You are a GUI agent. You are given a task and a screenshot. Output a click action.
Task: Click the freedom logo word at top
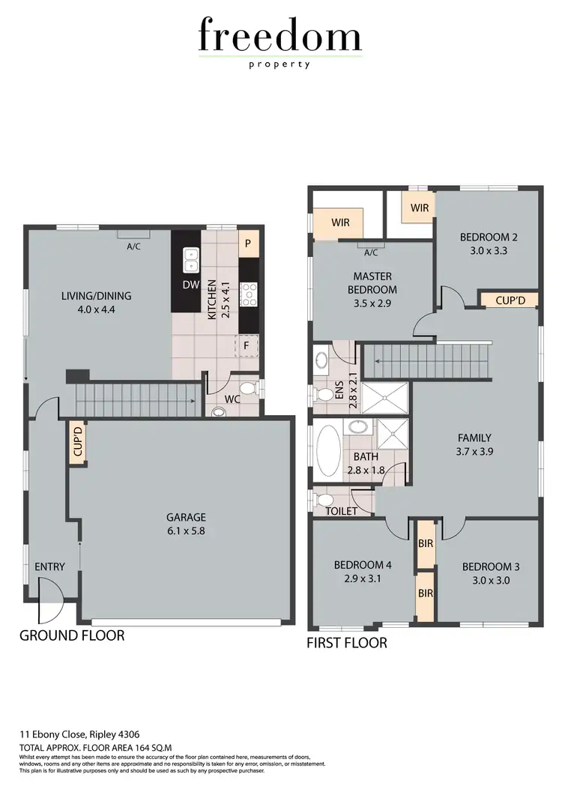[280, 35]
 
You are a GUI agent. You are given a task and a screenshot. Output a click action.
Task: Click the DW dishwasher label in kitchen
[190, 285]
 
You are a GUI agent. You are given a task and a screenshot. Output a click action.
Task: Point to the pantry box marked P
[247, 244]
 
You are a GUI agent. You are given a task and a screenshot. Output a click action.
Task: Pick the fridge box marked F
[245, 345]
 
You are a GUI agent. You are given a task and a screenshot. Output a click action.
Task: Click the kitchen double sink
[191, 261]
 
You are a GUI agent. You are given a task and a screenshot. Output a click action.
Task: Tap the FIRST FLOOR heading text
[347, 643]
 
